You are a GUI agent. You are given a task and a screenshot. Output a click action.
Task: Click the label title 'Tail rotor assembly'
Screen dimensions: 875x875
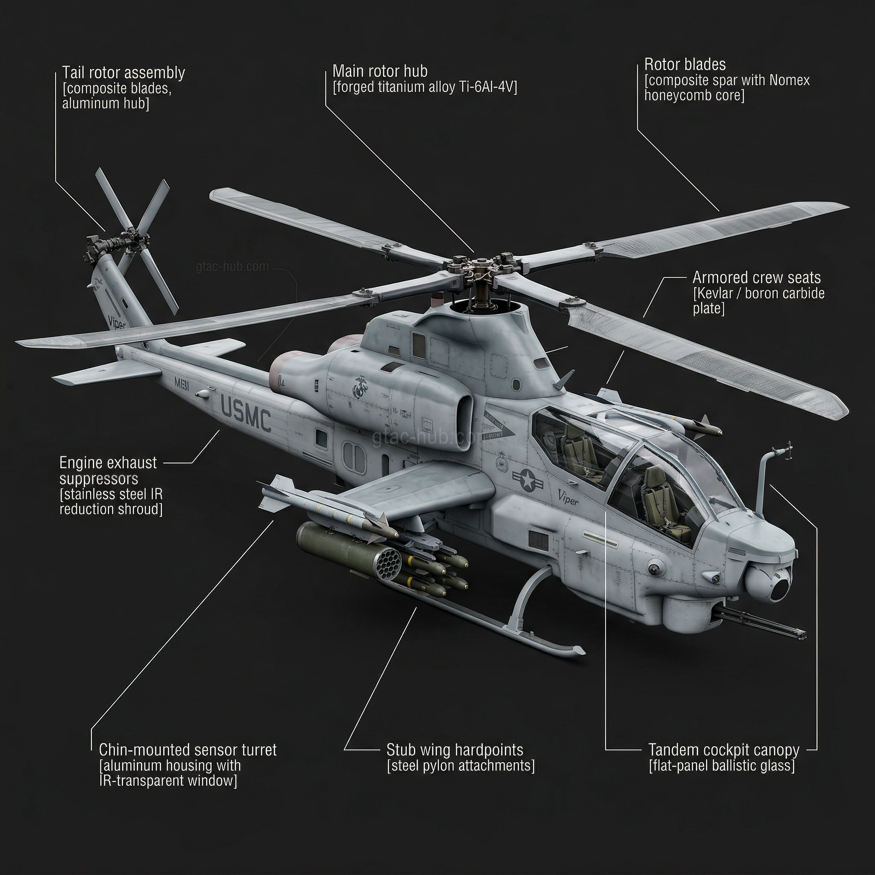point(123,73)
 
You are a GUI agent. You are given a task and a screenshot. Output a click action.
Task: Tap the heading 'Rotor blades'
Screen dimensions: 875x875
point(684,65)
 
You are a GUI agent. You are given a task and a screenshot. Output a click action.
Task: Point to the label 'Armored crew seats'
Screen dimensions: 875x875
point(756,277)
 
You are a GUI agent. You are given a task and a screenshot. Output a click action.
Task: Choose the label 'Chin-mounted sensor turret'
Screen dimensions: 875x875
point(188,749)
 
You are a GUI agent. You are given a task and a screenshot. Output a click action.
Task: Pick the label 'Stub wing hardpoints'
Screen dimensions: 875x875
point(454,749)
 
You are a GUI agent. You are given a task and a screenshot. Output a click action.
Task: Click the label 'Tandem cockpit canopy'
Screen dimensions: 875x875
point(723,749)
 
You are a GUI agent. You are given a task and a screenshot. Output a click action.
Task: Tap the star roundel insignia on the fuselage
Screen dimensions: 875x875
point(528,480)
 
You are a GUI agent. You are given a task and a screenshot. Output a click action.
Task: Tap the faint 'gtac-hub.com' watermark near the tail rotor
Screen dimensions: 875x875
point(232,266)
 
